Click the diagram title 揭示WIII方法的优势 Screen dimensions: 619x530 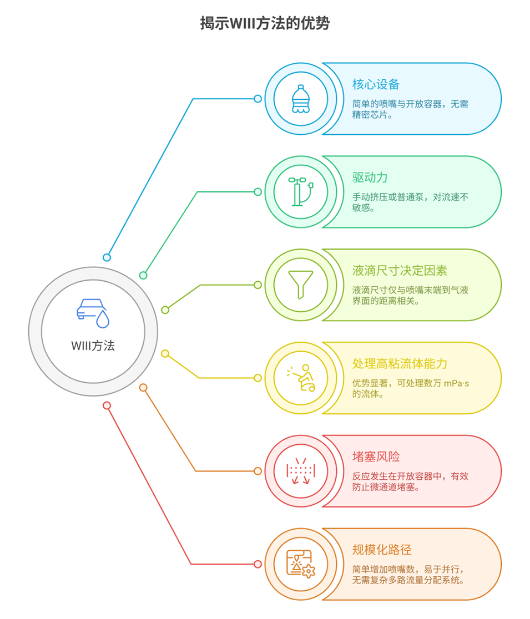tap(265, 23)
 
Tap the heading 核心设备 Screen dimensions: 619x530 tap(376, 84)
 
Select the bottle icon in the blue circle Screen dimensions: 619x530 tap(300, 99)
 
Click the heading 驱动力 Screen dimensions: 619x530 tap(370, 177)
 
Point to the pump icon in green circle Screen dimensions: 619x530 tap(300, 192)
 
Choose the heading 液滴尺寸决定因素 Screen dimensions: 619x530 tap(400, 271)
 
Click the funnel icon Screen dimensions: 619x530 tap(300, 285)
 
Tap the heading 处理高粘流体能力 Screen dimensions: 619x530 tap(400, 364)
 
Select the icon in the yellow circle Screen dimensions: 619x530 tap(300, 378)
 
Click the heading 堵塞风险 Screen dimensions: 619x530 tap(376, 457)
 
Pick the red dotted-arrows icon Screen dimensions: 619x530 tap(300, 471)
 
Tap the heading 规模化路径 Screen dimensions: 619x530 tap(382, 550)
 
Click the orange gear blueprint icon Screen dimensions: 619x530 tap(300, 564)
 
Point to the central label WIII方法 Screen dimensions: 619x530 tap(93, 346)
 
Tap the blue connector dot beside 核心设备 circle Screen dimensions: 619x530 tap(258, 99)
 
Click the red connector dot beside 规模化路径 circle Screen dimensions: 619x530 tap(258, 564)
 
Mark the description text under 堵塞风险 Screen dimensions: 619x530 tap(411, 481)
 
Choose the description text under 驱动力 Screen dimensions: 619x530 tap(411, 202)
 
